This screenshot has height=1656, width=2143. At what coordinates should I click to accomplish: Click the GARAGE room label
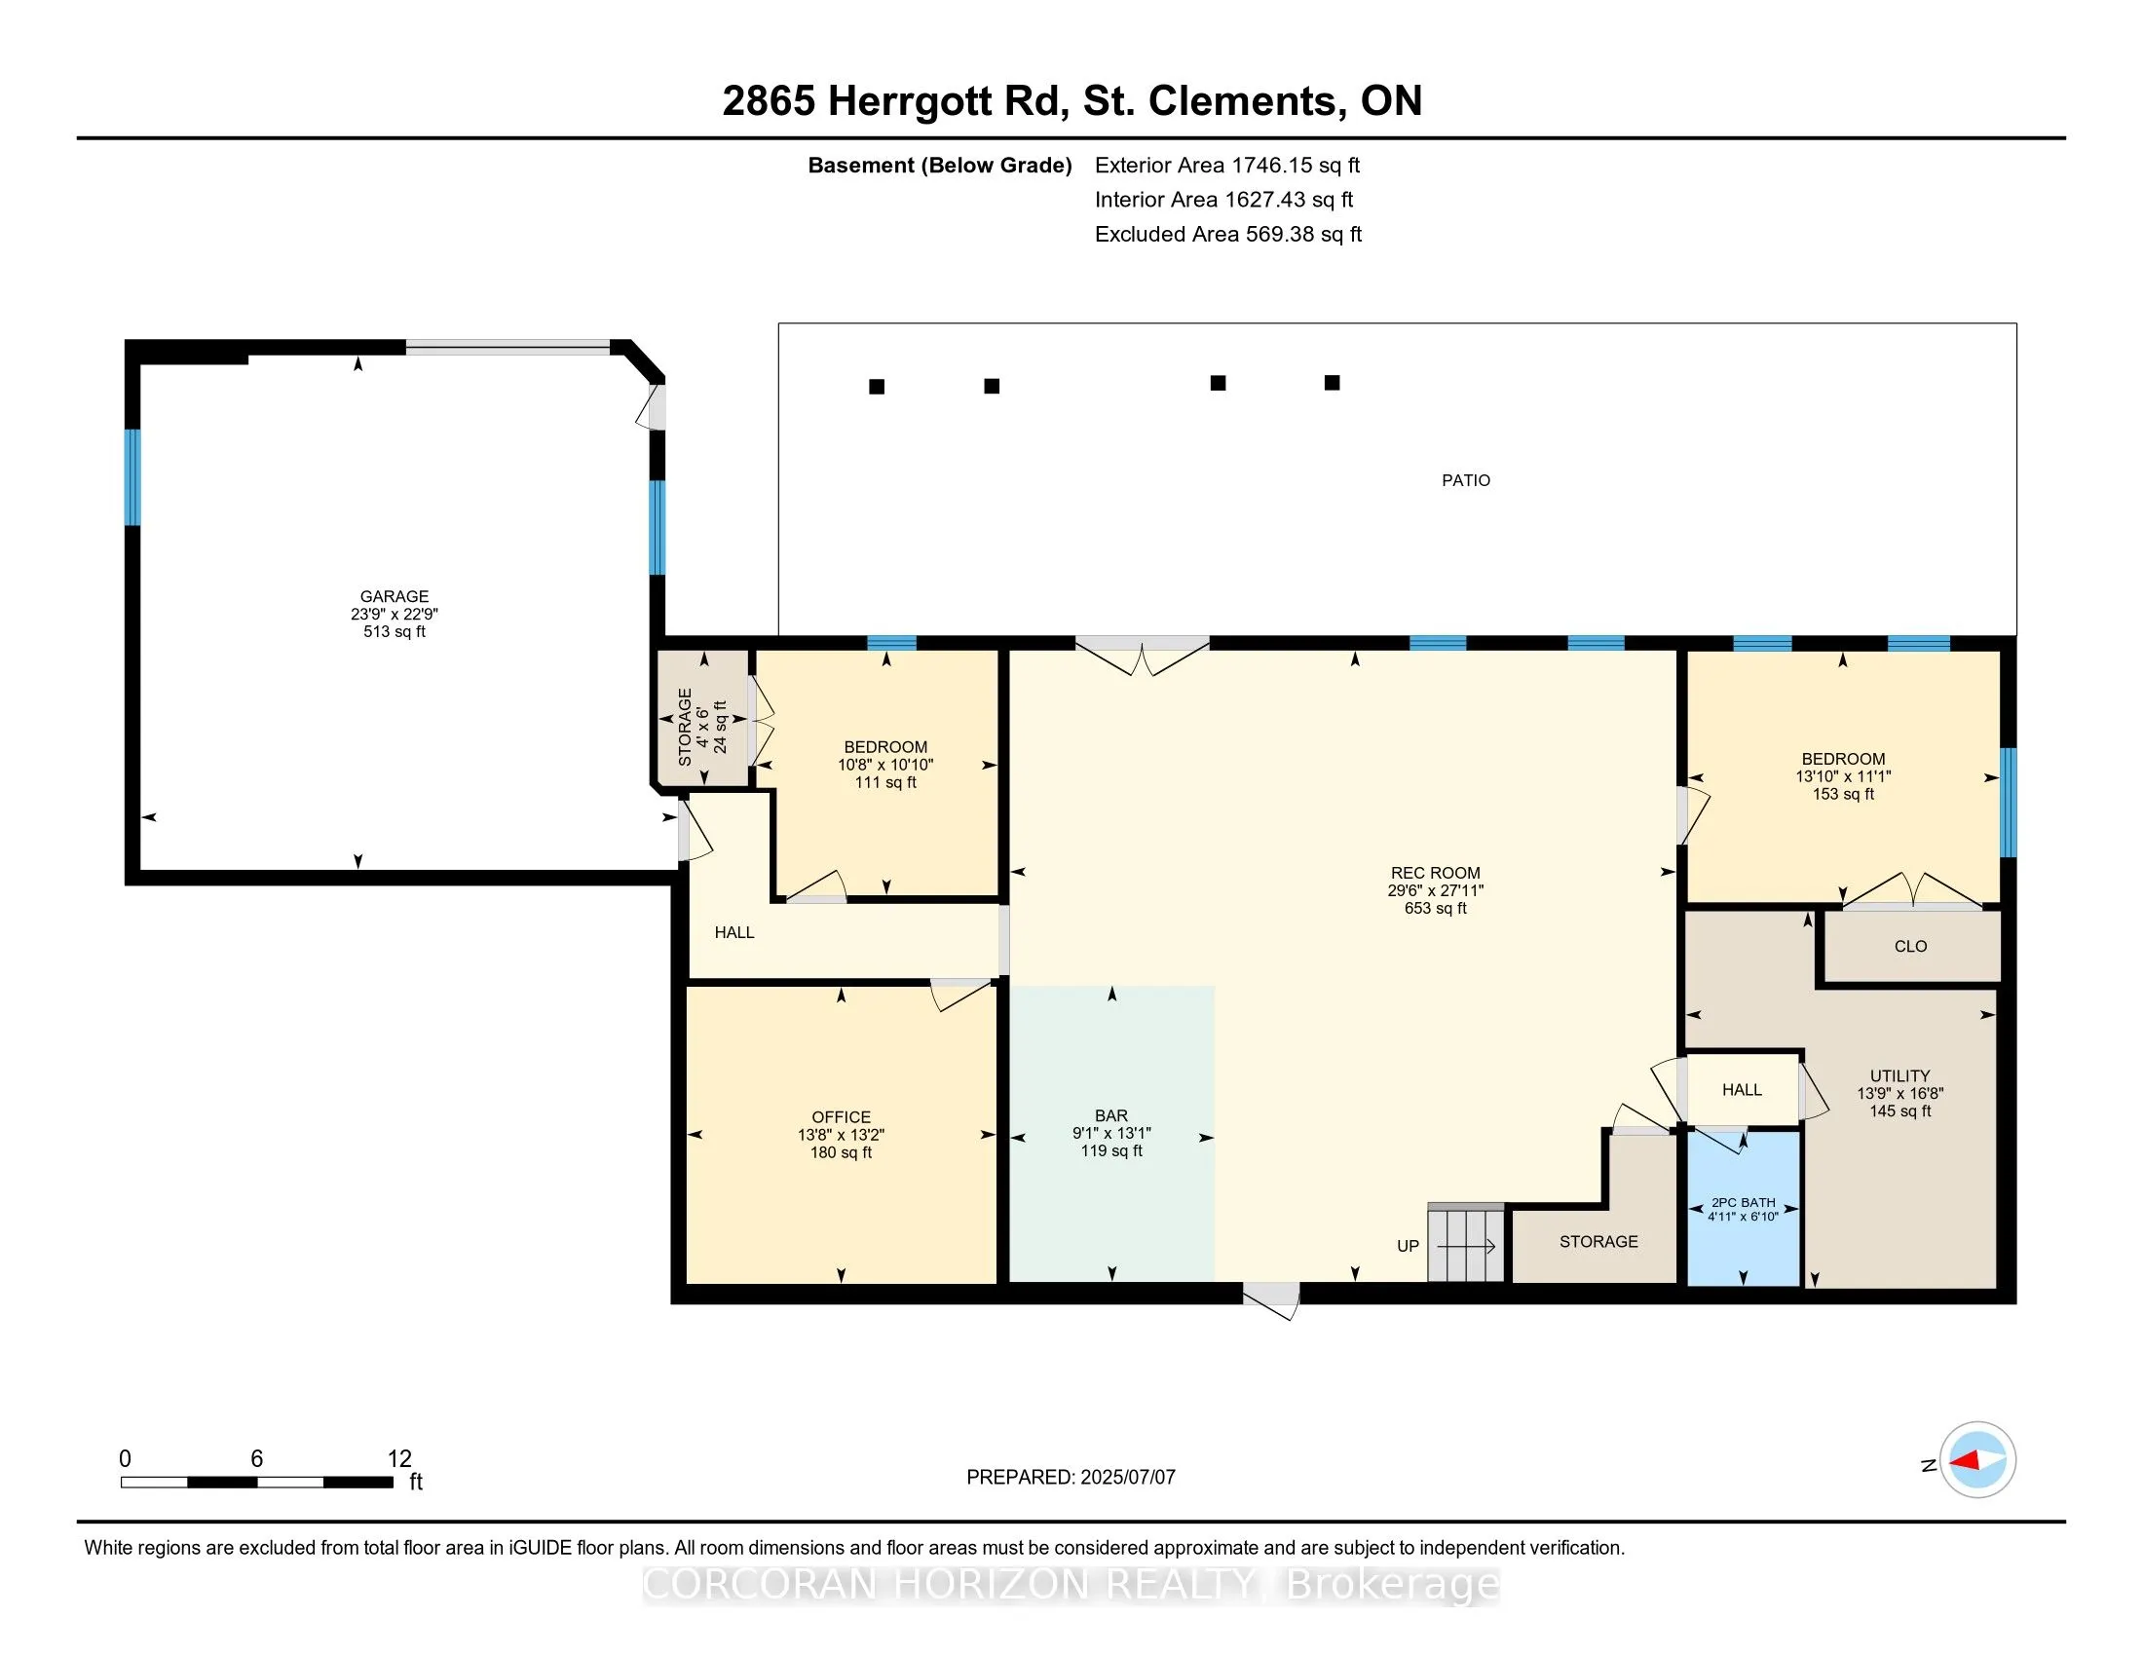click(x=395, y=596)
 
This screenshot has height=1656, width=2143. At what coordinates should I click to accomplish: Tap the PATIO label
click(x=1466, y=480)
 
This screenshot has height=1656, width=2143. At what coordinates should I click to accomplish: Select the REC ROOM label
click(x=1436, y=873)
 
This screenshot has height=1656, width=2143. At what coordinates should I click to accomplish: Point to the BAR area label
click(x=1111, y=1115)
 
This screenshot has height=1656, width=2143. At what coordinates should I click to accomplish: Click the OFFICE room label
click(x=841, y=1117)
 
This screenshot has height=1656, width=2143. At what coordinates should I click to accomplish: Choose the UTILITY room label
click(x=1899, y=1076)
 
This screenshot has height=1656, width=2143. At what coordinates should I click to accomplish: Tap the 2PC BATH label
click(x=1744, y=1203)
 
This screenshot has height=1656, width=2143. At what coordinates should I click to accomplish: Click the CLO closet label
click(x=1910, y=947)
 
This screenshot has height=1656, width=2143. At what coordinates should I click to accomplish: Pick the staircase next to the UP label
click(x=1466, y=1242)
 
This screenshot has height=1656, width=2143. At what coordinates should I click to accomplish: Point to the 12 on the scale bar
click(x=399, y=1459)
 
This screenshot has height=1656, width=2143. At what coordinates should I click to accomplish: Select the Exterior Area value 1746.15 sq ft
click(x=1297, y=166)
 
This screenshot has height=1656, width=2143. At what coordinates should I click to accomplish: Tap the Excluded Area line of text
click(x=1228, y=235)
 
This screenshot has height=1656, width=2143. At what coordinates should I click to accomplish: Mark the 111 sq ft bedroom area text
click(x=885, y=783)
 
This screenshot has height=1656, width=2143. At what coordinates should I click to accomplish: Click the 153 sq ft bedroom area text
click(x=1843, y=795)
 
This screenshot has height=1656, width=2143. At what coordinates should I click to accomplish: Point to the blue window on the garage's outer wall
click(x=132, y=476)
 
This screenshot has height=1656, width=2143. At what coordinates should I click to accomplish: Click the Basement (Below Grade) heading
click(x=939, y=166)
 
